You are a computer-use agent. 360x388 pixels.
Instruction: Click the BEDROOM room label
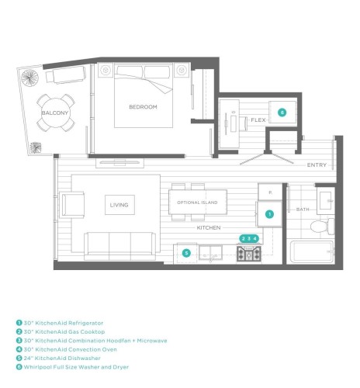(143, 107)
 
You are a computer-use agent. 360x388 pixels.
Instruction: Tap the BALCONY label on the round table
(55, 113)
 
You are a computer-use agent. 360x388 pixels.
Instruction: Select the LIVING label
(119, 205)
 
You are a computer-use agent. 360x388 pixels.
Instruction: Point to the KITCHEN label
(209, 227)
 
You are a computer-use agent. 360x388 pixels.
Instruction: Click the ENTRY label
(317, 165)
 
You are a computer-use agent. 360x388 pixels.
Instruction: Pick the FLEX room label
(258, 120)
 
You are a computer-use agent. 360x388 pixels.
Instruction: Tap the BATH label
(303, 210)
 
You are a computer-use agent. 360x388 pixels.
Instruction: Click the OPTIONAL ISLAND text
(197, 203)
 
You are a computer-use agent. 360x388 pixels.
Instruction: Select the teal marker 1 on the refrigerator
(269, 214)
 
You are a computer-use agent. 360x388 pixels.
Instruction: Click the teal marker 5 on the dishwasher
(186, 253)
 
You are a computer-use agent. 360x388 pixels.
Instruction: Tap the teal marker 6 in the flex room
(282, 113)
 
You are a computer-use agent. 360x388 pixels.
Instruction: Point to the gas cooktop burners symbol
(249, 254)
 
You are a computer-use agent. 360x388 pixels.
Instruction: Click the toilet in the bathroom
(322, 227)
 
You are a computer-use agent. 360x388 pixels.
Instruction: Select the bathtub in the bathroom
(312, 251)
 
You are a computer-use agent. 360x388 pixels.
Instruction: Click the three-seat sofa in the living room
(120, 246)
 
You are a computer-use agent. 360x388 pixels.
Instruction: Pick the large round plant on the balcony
(30, 78)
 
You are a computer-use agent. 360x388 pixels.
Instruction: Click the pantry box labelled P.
(270, 192)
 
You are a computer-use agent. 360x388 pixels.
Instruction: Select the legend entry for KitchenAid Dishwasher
(58, 359)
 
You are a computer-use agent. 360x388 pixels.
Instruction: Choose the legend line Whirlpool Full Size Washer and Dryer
(72, 367)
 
